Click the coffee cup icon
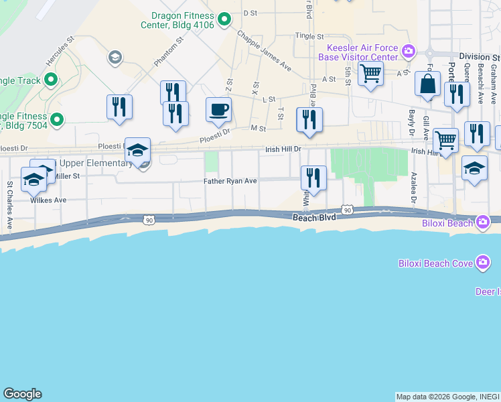click(218, 110)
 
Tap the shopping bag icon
click(427, 85)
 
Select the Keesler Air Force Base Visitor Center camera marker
click(407, 50)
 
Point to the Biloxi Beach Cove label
click(435, 263)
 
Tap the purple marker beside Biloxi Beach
click(482, 222)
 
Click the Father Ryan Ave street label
click(230, 181)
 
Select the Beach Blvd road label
click(314, 218)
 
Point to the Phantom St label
click(168, 52)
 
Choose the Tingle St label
click(309, 37)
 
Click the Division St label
click(479, 57)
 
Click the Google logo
click(22, 394)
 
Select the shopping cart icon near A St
click(370, 76)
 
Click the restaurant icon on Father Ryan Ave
click(313, 178)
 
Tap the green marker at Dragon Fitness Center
click(225, 18)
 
